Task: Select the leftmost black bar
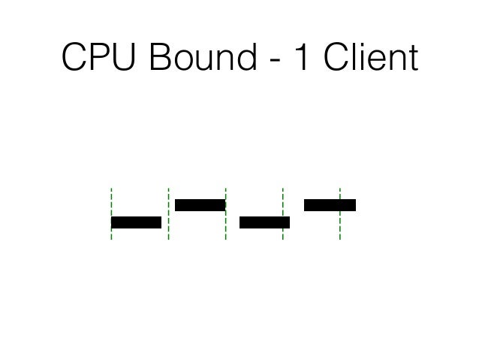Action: click(136, 222)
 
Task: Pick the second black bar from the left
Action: click(200, 204)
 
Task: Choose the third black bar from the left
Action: click(264, 222)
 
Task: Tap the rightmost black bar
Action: click(330, 204)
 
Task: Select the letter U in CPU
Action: click(127, 58)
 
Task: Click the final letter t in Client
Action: click(412, 59)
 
